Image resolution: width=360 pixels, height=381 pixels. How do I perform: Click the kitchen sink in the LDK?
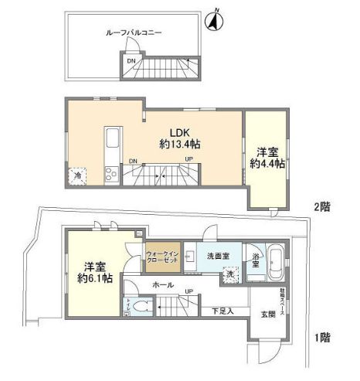pos(110,141)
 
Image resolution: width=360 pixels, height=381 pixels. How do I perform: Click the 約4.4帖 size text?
pos(267,164)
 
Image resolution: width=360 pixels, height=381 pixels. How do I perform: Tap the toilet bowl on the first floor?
pos(138,307)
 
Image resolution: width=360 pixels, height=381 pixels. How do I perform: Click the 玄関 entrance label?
pos(267,315)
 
